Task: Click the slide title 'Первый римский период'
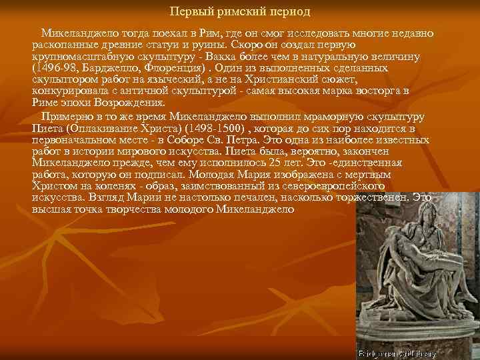(240, 12)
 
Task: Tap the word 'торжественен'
(372, 197)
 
